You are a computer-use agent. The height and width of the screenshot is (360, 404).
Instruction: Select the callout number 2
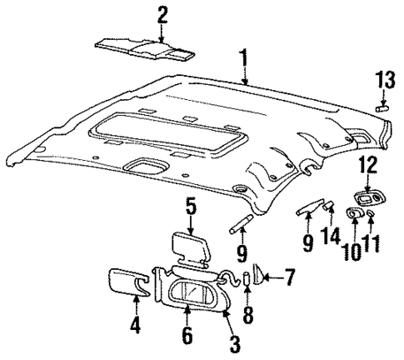click(162, 14)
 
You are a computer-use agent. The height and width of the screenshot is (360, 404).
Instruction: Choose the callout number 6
click(187, 336)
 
